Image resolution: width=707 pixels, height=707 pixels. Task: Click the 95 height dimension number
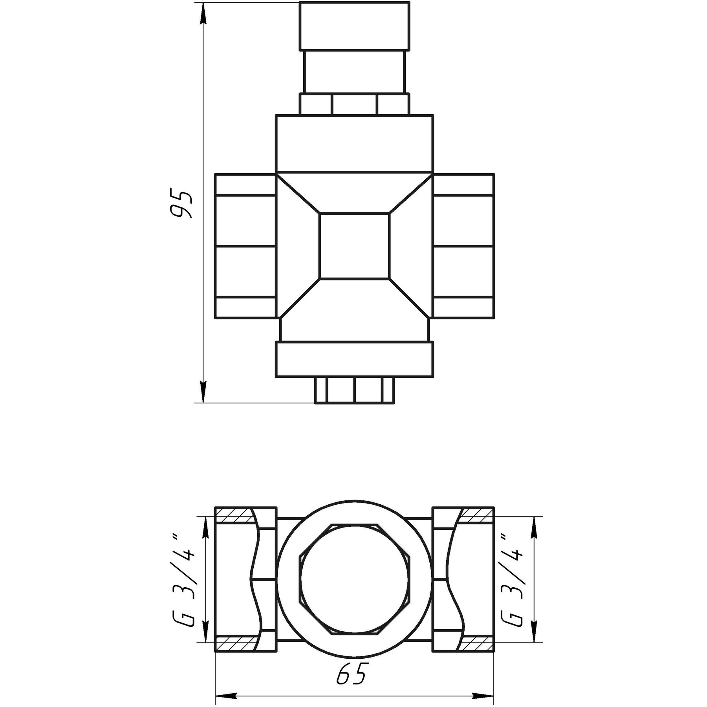pyautogui.click(x=181, y=205)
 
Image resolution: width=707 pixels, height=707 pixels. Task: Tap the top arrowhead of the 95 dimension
pyautogui.click(x=203, y=16)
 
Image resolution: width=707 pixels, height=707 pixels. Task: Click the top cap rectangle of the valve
pyautogui.click(x=354, y=26)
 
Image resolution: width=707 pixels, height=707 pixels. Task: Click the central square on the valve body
pyautogui.click(x=354, y=246)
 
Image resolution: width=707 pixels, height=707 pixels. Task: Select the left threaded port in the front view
pyautogui.click(x=245, y=246)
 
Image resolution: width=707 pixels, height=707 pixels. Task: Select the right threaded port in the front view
pyautogui.click(x=463, y=246)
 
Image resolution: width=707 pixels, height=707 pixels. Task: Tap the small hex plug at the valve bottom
pyautogui.click(x=354, y=390)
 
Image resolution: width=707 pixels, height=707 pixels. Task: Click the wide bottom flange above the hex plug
pyautogui.click(x=354, y=359)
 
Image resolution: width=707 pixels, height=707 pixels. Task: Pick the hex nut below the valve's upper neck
pyautogui.click(x=354, y=104)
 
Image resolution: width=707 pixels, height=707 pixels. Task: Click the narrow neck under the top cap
pyautogui.click(x=354, y=72)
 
